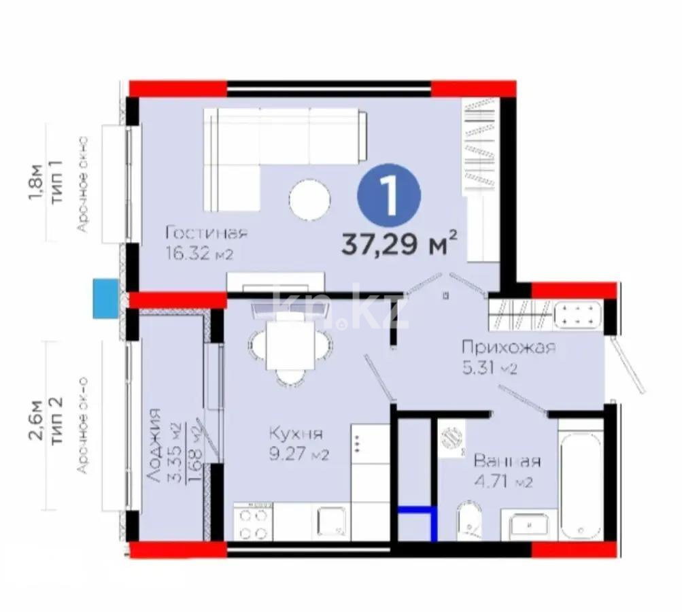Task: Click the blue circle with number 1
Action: point(389,195)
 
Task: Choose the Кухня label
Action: point(295,434)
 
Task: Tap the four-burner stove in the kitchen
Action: point(252,521)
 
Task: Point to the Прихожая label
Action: point(509,347)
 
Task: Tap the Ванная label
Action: point(507,462)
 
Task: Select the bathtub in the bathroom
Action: point(579,483)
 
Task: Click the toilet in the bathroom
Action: point(469,522)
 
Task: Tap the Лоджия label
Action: point(155,445)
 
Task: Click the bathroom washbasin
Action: point(528,526)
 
